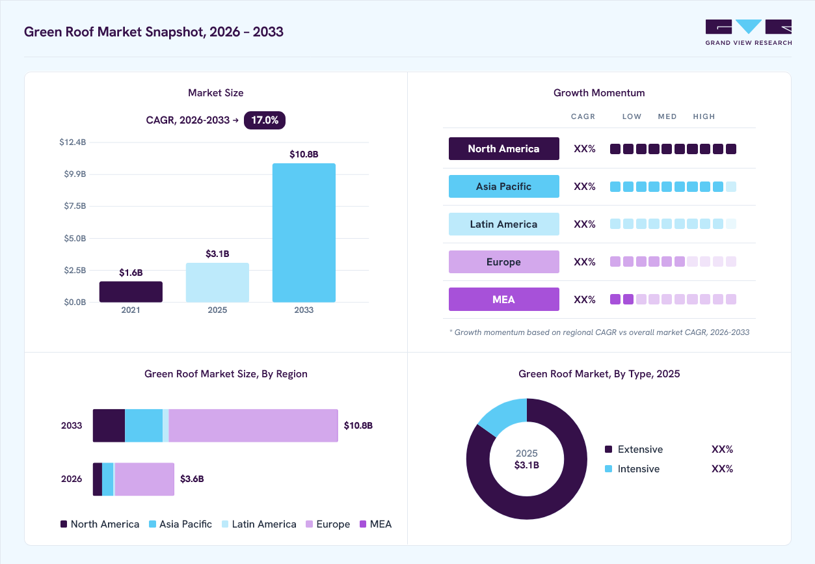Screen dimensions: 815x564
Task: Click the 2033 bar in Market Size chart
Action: [x=304, y=233]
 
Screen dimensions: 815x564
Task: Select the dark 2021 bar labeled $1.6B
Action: [x=131, y=292]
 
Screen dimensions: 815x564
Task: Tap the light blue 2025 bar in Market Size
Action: [x=217, y=282]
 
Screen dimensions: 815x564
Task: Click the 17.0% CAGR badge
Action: [x=265, y=120]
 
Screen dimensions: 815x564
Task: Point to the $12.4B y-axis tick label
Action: [x=73, y=142]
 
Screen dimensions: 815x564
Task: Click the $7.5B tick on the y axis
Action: [x=75, y=206]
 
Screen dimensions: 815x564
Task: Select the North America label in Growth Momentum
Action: [x=504, y=148]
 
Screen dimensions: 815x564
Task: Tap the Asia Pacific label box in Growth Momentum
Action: [x=504, y=186]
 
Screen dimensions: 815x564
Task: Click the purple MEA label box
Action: [x=504, y=299]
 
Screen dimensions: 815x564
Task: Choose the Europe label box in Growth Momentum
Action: [x=504, y=262]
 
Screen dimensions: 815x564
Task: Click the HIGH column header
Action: [x=704, y=116]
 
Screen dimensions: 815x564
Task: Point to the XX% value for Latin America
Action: [x=585, y=224]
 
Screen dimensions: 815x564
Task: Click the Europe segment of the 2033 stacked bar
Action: [x=253, y=425]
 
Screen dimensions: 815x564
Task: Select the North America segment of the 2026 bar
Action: [x=98, y=479]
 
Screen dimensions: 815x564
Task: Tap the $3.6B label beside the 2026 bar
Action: [x=192, y=479]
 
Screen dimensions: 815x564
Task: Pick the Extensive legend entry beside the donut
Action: [x=634, y=450]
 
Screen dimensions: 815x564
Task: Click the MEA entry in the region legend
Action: [x=375, y=524]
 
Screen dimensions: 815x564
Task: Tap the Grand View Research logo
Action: [x=749, y=33]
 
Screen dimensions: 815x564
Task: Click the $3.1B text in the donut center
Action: [x=526, y=465]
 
